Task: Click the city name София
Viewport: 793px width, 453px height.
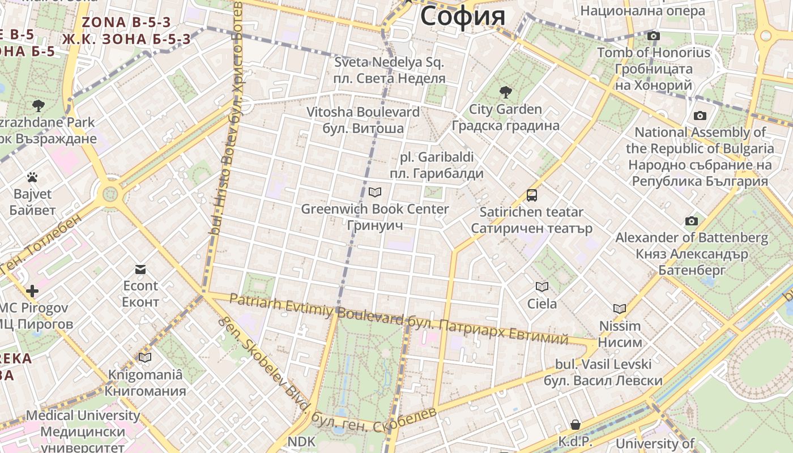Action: click(x=462, y=15)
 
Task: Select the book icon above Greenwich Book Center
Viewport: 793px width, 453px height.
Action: click(x=374, y=192)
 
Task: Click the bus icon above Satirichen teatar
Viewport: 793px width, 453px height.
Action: click(x=531, y=195)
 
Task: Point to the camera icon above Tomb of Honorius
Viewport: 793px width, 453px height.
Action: click(x=653, y=36)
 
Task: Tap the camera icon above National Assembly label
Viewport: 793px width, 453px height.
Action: click(x=700, y=116)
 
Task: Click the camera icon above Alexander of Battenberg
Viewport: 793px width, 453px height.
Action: click(x=691, y=221)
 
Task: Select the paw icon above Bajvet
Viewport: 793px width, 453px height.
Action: click(x=32, y=177)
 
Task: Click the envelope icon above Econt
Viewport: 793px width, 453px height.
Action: click(x=140, y=269)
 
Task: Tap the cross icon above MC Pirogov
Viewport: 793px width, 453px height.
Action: click(x=32, y=292)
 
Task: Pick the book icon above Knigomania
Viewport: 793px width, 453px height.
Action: click(x=145, y=357)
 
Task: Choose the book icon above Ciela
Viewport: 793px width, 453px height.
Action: click(x=542, y=287)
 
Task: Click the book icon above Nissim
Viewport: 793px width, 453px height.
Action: click(x=620, y=309)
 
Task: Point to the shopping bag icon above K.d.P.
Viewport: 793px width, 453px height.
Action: click(x=575, y=425)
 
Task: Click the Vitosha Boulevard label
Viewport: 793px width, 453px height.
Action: click(x=363, y=112)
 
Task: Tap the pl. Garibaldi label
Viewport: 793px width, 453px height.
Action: click(x=437, y=157)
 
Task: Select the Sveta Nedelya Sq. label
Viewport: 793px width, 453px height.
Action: click(x=389, y=62)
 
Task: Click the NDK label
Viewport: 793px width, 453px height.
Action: click(x=301, y=441)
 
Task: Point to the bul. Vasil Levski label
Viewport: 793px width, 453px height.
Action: click(x=603, y=364)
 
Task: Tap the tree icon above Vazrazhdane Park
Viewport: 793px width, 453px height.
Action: click(x=39, y=105)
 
